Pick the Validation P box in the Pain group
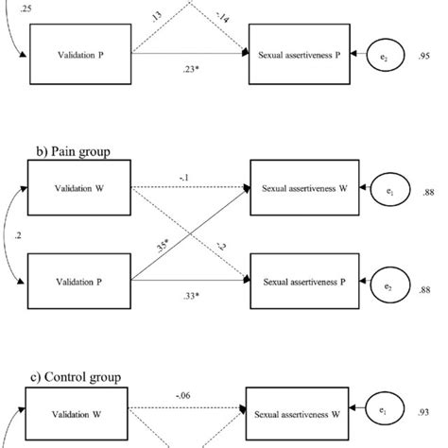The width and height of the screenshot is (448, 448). [x=78, y=283]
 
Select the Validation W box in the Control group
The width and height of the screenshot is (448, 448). [x=78, y=417]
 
